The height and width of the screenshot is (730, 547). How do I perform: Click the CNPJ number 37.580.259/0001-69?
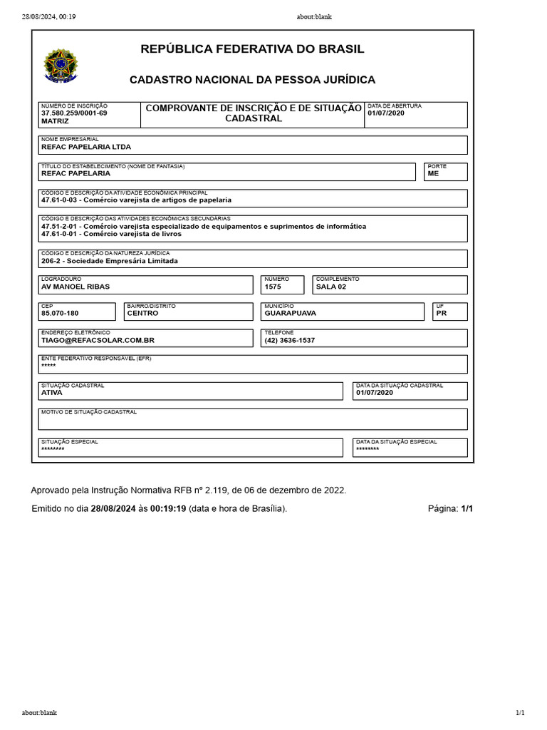[74, 113]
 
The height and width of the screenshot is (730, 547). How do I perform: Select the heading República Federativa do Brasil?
[252, 49]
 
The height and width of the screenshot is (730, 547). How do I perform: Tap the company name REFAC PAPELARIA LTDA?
[86, 148]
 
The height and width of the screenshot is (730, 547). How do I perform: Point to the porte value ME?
[433, 173]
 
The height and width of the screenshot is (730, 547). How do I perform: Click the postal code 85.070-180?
[60, 313]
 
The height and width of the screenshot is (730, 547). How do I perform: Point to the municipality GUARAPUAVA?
[290, 313]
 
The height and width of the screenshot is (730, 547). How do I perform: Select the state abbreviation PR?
[441, 313]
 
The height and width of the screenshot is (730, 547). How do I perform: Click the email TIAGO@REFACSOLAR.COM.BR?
[98, 340]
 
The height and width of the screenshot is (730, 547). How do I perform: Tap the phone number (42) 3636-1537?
[289, 340]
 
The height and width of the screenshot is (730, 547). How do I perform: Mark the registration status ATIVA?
[52, 393]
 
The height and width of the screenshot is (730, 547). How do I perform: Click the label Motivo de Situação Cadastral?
[89, 412]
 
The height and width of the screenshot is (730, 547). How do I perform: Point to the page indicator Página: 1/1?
[450, 508]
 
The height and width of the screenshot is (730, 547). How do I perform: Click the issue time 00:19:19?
[168, 508]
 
